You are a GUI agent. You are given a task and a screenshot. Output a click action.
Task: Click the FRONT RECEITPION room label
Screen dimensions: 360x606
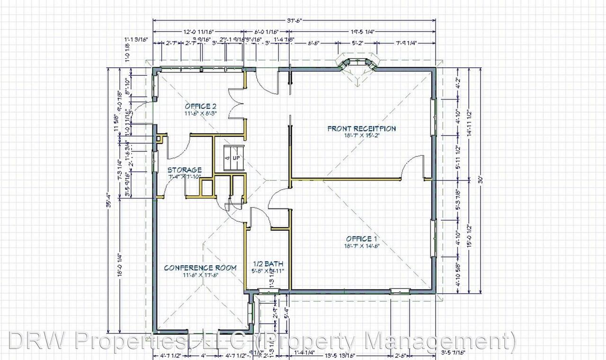tap(361, 128)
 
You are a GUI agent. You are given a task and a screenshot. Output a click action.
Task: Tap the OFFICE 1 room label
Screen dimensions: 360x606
tap(362, 238)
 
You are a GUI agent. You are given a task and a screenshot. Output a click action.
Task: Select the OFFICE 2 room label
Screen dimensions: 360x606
tap(201, 106)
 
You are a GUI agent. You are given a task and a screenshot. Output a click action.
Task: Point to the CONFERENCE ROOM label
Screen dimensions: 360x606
tap(200, 268)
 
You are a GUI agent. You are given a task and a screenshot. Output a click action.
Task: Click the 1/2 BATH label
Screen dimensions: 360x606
tap(267, 263)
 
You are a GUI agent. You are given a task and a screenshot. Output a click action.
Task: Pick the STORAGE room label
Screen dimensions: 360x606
tap(185, 170)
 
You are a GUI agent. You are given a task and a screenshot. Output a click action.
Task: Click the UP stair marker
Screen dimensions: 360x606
tap(235, 157)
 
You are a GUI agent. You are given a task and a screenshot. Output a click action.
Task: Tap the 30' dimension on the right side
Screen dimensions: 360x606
tap(480, 180)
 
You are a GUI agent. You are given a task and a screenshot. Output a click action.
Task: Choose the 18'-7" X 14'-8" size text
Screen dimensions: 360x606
tap(362, 246)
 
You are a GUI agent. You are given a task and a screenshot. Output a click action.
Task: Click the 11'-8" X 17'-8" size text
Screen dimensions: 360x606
tap(200, 275)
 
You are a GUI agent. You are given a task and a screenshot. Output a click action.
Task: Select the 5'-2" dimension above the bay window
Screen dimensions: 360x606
tap(358, 43)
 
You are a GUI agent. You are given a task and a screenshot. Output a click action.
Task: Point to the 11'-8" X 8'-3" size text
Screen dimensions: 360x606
tap(201, 114)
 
